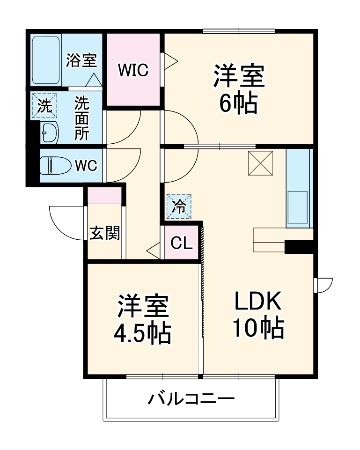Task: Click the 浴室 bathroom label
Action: (x=81, y=60)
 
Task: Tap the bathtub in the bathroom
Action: (x=45, y=60)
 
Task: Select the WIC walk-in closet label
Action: (x=133, y=70)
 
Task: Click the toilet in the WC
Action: (x=53, y=165)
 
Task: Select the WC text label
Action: (x=86, y=165)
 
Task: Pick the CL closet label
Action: (x=181, y=243)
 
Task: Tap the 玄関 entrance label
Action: (x=104, y=233)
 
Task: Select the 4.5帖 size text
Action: (x=142, y=333)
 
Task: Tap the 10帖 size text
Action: (x=258, y=329)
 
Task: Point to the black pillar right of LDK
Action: (x=299, y=247)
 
